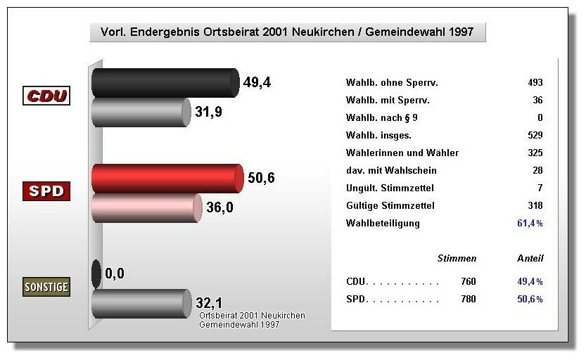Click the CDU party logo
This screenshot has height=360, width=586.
[x=48, y=96]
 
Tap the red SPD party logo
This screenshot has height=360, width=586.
[x=48, y=191]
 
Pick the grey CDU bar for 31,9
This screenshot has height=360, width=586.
[x=141, y=112]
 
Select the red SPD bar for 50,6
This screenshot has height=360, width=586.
[x=167, y=179]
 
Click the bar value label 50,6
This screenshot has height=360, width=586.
[x=260, y=178]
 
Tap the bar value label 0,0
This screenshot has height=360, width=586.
[x=114, y=273]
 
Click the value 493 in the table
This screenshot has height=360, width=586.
[x=535, y=83]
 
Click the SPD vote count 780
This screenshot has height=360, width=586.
[x=469, y=300]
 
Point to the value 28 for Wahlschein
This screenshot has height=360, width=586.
[x=537, y=171]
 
